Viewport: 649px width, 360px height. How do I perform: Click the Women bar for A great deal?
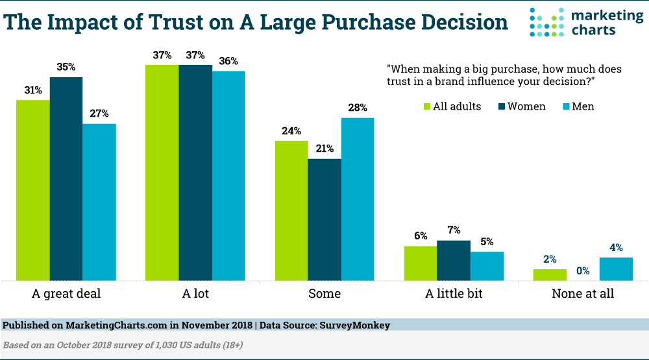[x=66, y=178]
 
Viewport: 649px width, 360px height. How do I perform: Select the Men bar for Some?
[x=358, y=198]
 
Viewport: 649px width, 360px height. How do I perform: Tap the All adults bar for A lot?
[x=162, y=173]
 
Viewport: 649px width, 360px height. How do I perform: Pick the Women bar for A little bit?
[x=454, y=260]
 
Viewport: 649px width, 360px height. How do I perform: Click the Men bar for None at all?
[x=615, y=269]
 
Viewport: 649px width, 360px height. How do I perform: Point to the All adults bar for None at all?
[x=550, y=274]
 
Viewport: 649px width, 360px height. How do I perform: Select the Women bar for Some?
[x=324, y=219]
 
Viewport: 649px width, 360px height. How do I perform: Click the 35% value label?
[x=66, y=67]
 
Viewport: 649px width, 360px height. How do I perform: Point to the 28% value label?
[x=358, y=108]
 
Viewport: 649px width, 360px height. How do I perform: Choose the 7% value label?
[x=454, y=230]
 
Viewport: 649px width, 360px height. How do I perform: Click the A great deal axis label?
[x=66, y=294]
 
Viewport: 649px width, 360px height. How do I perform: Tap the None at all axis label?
[x=582, y=294]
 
